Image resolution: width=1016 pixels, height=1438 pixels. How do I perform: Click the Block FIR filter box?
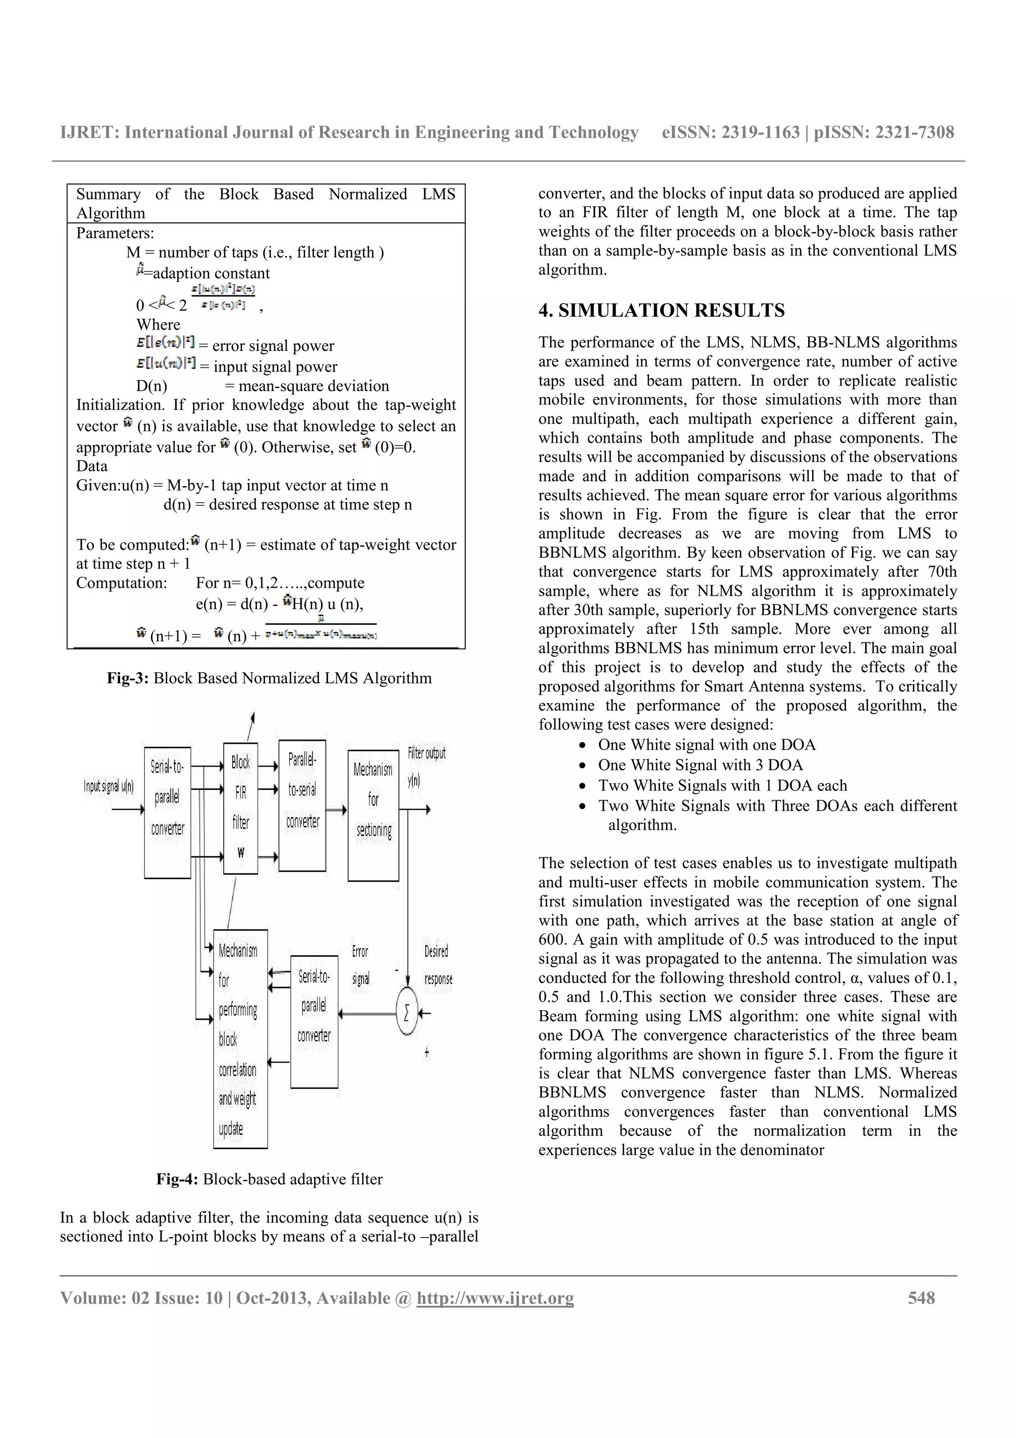(241, 807)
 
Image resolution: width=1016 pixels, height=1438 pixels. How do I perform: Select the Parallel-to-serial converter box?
(302, 805)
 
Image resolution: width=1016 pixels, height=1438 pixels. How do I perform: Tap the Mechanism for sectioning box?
(373, 815)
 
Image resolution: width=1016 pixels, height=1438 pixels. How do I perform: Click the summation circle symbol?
(407, 1013)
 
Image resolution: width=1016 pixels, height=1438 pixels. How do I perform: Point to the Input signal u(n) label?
(109, 786)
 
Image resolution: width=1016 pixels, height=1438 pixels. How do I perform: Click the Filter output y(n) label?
(426, 765)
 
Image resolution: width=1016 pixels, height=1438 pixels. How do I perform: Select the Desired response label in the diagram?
(438, 965)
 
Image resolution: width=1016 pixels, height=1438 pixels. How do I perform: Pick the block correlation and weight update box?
(241, 1040)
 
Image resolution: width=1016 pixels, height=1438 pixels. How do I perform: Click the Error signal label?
(361, 965)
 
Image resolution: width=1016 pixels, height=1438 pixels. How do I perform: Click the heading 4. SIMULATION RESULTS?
(661, 311)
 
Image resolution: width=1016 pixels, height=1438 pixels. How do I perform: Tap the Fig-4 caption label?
(177, 1179)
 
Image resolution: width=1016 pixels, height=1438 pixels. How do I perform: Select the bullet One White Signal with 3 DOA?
(700, 765)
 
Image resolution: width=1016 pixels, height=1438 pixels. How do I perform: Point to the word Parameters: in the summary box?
(115, 233)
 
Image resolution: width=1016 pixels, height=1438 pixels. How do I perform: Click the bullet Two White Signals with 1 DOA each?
(722, 785)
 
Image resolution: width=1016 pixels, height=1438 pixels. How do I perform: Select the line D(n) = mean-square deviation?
(262, 386)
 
